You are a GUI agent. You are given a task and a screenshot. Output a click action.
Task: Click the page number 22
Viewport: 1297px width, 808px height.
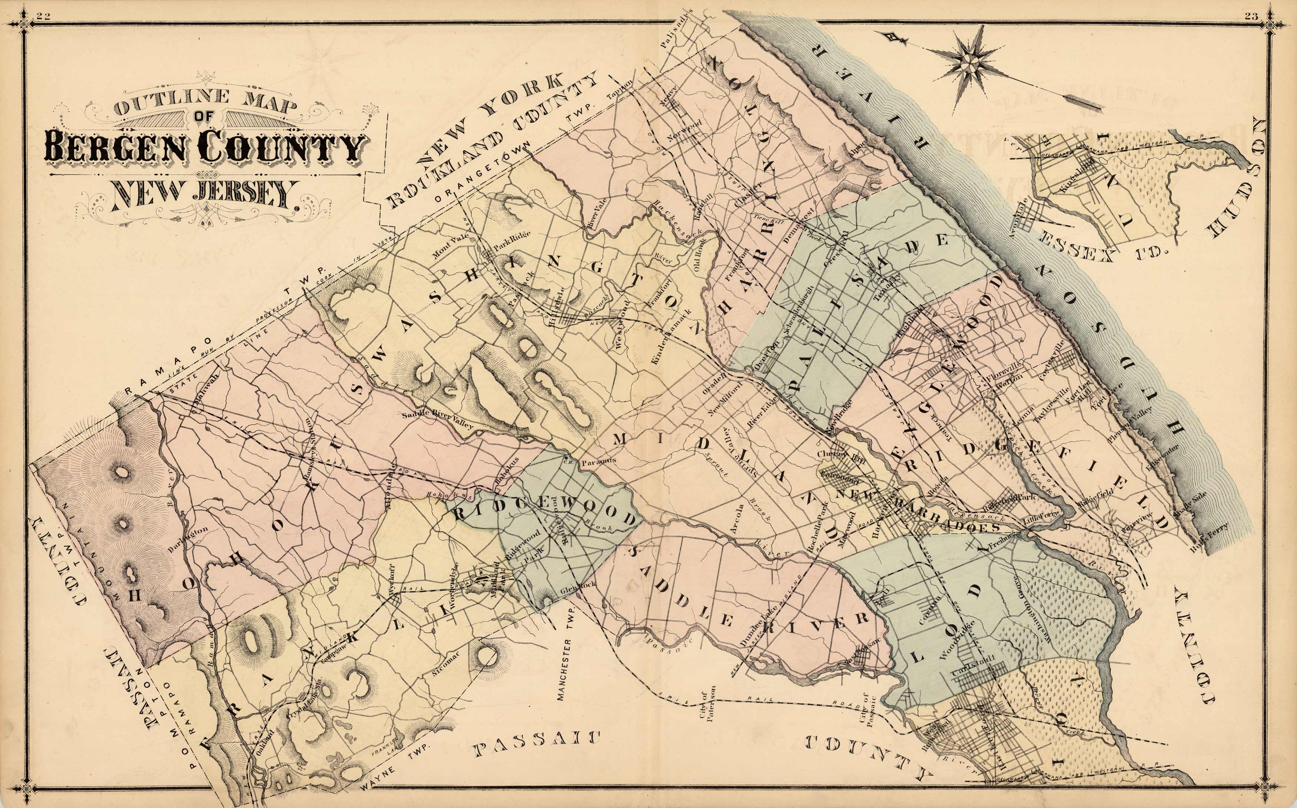click(x=42, y=16)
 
